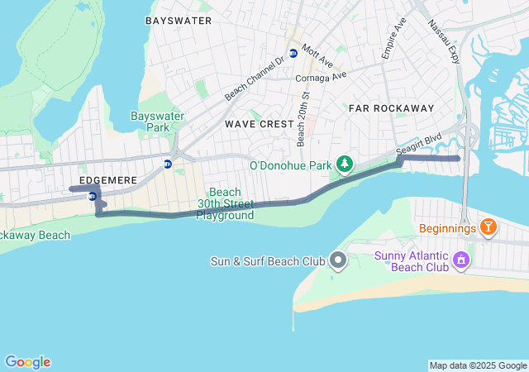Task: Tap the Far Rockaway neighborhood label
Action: (x=391, y=108)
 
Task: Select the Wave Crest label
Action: (x=259, y=124)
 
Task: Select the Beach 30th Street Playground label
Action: (x=225, y=203)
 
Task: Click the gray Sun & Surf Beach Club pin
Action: (x=337, y=261)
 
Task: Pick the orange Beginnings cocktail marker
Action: (x=488, y=227)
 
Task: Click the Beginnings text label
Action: (x=447, y=227)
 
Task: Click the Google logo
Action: (x=27, y=362)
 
